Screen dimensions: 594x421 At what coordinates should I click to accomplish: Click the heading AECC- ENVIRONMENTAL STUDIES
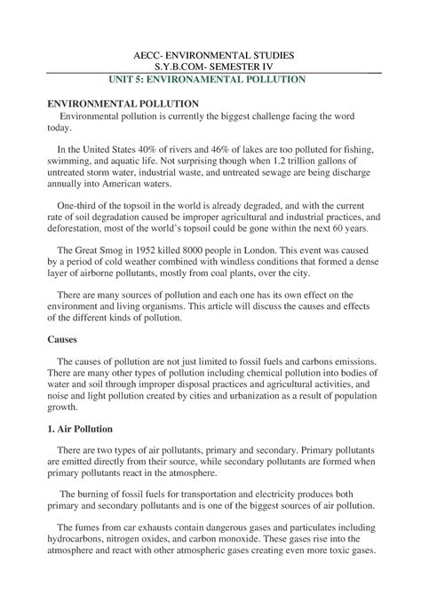coord(210,55)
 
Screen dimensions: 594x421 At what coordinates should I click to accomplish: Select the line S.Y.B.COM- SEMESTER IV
coord(210,67)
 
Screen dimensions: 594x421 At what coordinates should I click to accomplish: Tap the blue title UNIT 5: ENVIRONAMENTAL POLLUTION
coord(210,79)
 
